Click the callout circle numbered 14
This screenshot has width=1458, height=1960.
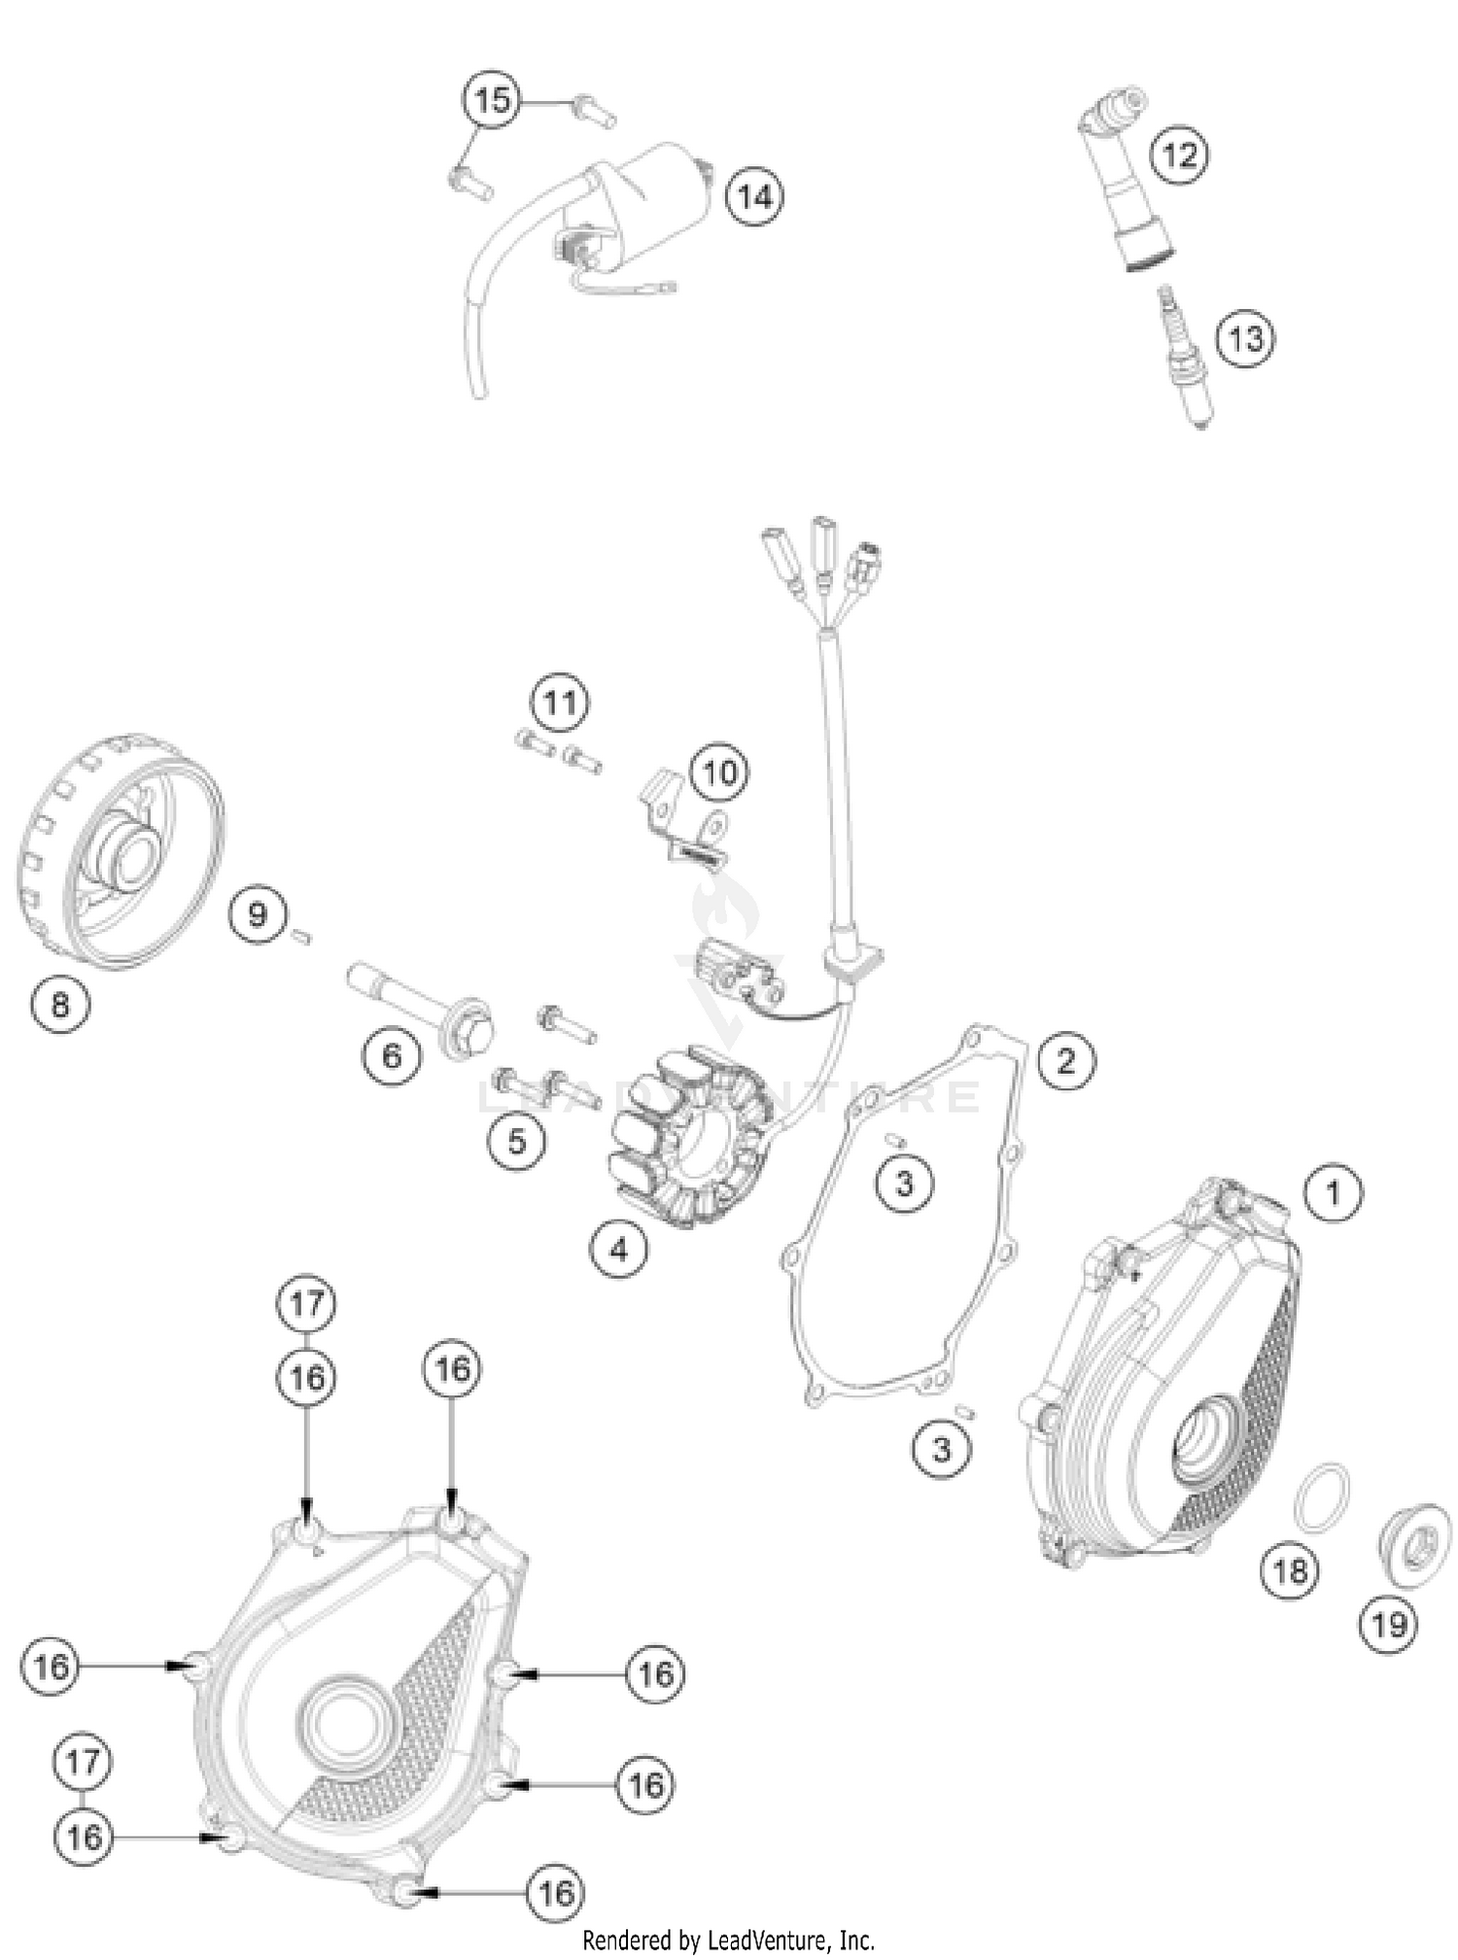pos(755,197)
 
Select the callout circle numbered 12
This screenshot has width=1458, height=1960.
pos(1179,155)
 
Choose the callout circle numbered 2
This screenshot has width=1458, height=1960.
pos(1065,1060)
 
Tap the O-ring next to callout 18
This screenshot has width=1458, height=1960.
pos(1322,1492)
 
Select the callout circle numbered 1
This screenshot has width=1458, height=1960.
pos(1333,1192)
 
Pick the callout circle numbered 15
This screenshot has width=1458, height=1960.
pos(492,100)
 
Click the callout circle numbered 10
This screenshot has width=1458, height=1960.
pos(719,774)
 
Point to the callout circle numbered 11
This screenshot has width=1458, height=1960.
pos(560,702)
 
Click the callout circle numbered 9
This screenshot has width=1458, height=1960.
pos(258,914)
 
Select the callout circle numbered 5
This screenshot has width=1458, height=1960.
pos(516,1142)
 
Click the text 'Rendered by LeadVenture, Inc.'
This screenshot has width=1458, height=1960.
pos(728,1941)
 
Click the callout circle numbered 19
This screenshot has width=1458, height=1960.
pos(1388,1624)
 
